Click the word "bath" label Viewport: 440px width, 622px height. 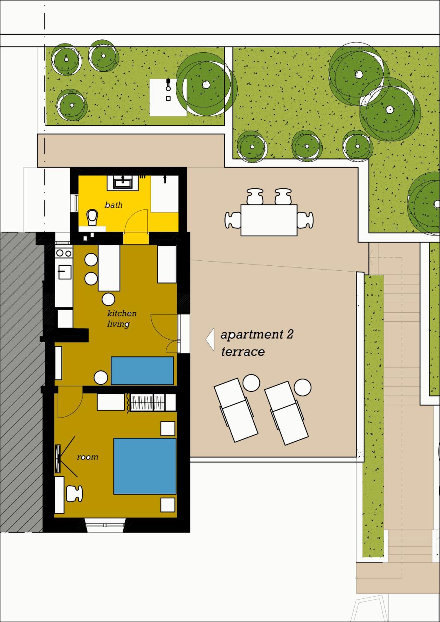tap(113, 205)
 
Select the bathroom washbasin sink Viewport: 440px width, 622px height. tap(123, 182)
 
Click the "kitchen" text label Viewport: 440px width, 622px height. tap(122, 313)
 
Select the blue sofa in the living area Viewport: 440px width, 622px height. tap(142, 371)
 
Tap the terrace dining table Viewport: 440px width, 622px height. tap(269, 220)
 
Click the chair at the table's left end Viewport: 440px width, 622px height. tap(233, 220)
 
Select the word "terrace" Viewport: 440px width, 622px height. tap(243, 352)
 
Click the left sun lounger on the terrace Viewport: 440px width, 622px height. tap(236, 410)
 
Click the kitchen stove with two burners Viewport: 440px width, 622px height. tap(64, 253)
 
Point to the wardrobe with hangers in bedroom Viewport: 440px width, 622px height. tap(148, 402)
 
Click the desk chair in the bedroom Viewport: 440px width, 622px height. tap(74, 494)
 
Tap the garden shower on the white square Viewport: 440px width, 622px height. tap(168, 85)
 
